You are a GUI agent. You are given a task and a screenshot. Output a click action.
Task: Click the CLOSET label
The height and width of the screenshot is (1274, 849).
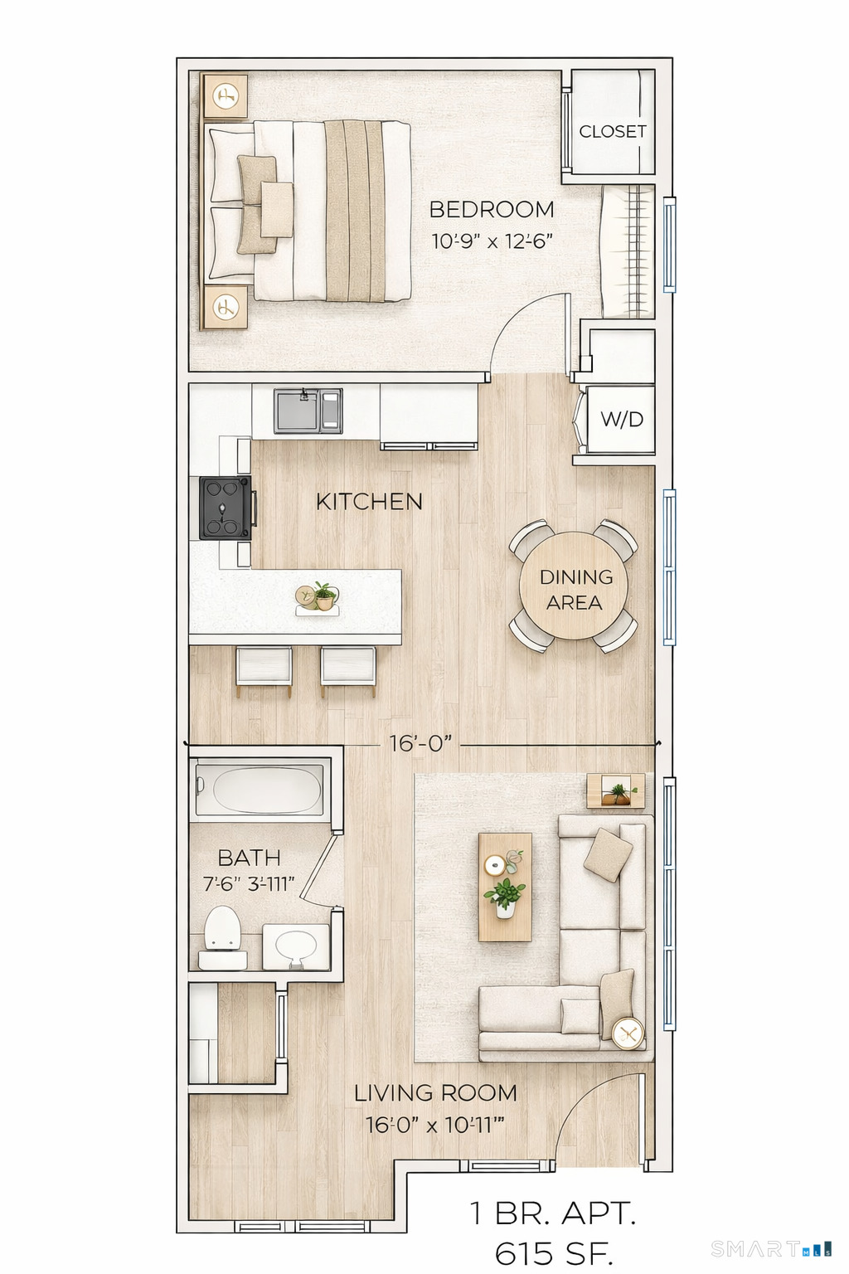(612, 131)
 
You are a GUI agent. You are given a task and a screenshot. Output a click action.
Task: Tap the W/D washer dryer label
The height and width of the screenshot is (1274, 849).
(622, 420)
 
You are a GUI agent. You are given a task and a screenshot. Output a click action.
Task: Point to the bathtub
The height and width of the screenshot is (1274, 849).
(259, 790)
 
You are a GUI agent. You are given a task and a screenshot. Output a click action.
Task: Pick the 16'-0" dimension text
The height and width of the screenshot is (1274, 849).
(420, 743)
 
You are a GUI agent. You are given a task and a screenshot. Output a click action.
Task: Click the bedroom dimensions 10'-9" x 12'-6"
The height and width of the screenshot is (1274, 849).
(492, 241)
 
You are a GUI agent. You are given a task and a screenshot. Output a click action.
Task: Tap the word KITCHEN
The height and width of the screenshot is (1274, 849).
(369, 502)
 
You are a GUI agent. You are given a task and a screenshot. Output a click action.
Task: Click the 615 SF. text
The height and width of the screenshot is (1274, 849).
(553, 1252)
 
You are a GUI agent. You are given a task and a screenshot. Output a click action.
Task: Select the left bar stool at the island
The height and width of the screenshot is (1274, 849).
(264, 668)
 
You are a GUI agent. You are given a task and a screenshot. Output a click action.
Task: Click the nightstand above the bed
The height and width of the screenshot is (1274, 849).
(225, 97)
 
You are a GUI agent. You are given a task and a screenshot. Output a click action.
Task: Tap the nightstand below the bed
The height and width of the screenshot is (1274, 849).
(225, 309)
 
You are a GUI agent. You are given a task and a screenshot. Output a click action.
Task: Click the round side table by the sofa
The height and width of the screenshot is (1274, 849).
(627, 1033)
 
